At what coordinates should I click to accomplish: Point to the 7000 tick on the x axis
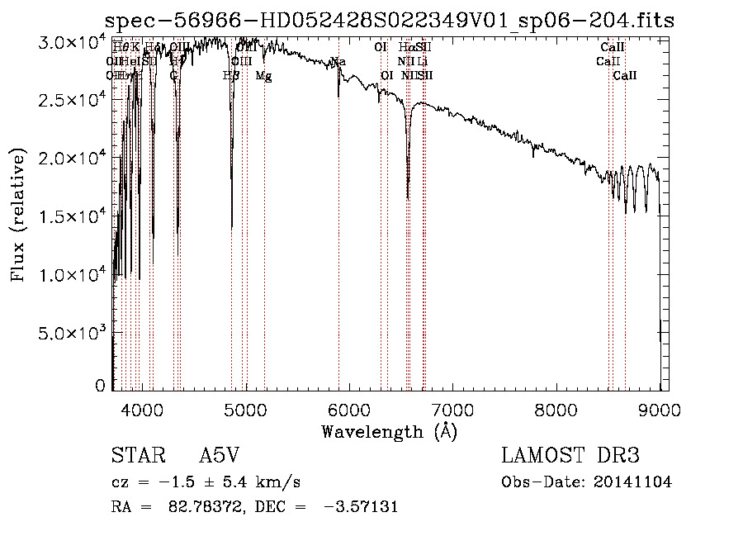tap(452, 409)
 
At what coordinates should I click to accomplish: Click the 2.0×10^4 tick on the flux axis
tap(71, 159)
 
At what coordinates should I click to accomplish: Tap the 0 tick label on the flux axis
tap(100, 386)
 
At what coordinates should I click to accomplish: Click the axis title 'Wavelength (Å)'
tap(390, 431)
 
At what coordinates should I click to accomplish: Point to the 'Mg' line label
tap(263, 76)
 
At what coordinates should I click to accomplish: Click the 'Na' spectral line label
tap(338, 62)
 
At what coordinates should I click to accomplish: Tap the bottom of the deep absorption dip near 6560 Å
tap(408, 197)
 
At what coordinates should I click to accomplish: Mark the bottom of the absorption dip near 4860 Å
tap(231, 225)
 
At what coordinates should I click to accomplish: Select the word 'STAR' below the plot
tap(138, 457)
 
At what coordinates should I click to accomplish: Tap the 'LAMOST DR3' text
tap(570, 457)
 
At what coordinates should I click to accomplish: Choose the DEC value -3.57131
tap(357, 507)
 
